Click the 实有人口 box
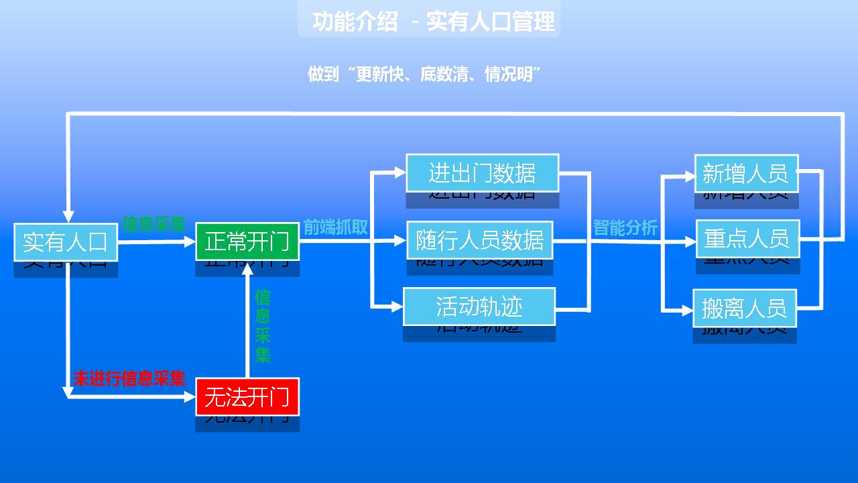pyautogui.click(x=66, y=241)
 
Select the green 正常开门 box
pyautogui.click(x=247, y=241)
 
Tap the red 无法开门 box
pyautogui.click(x=247, y=397)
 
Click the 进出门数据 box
pyautogui.click(x=482, y=173)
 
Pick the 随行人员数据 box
pyautogui.click(x=479, y=240)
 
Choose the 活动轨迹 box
pyautogui.click(x=479, y=307)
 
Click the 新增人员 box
pyautogui.click(x=745, y=173)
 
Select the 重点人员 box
pyautogui.click(x=747, y=238)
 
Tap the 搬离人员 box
pyautogui.click(x=744, y=308)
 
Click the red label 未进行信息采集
pyautogui.click(x=129, y=378)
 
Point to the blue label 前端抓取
pyautogui.click(x=335, y=227)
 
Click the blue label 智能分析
pyautogui.click(x=625, y=228)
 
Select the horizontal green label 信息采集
pyautogui.click(x=154, y=224)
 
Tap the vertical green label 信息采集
pyautogui.click(x=262, y=326)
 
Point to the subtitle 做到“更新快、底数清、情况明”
pyautogui.click(x=424, y=74)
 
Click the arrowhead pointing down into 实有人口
pyautogui.click(x=68, y=215)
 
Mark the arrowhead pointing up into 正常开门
pyautogui.click(x=247, y=269)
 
